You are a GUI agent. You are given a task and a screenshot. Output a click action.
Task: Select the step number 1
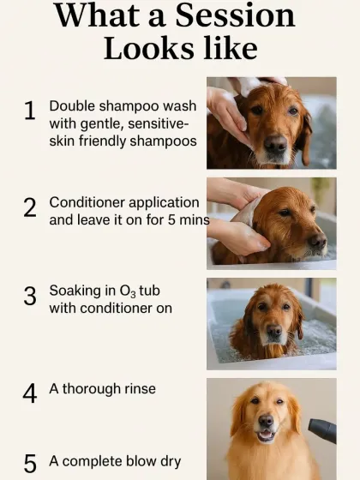[30, 111]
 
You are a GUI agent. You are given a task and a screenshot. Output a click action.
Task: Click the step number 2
[30, 207]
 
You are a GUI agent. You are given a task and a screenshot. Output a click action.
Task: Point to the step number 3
[30, 297]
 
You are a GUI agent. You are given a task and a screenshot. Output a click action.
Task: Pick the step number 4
[30, 393]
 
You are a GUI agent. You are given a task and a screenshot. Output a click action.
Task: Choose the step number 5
[30, 464]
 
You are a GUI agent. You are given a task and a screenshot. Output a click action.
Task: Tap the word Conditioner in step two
[88, 203]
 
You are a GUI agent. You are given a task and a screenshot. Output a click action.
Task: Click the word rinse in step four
[137, 388]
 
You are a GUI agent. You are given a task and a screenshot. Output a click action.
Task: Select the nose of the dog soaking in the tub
[273, 330]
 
